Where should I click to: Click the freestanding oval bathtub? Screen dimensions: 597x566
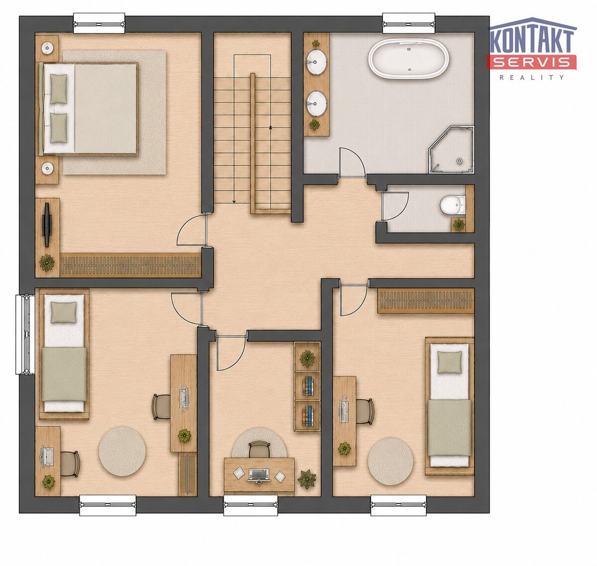[x=408, y=59]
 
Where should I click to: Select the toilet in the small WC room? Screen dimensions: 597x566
[x=452, y=205]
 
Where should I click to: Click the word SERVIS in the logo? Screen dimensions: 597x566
[x=531, y=62]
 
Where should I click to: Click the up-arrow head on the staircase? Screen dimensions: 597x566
[x=270, y=128]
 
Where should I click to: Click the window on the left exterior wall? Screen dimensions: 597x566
[x=25, y=334]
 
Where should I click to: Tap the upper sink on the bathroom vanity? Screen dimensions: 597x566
[x=316, y=62]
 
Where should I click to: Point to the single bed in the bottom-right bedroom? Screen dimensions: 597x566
[x=449, y=406]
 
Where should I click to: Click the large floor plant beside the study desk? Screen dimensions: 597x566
[x=306, y=479]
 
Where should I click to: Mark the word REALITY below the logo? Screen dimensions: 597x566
[x=532, y=78]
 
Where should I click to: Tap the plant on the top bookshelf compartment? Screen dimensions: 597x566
[x=307, y=358]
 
